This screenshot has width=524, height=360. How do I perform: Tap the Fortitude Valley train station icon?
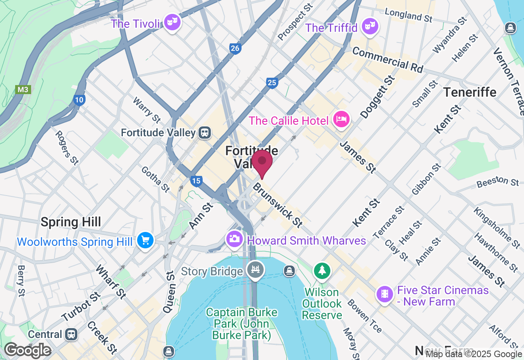205,132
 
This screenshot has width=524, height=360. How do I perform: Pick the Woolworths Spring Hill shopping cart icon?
145,240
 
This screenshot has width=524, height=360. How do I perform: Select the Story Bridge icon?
256,270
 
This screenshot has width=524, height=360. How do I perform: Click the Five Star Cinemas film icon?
384,294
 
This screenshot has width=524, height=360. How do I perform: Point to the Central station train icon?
71,334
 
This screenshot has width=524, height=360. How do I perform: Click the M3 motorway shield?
23,89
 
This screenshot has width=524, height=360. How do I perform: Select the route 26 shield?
235,49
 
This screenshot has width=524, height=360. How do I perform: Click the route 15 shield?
196,181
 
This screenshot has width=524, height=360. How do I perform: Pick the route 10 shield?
79,99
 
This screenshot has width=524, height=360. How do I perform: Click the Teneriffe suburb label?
470,92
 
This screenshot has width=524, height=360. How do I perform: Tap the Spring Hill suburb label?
71,222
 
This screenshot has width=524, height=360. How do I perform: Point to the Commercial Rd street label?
387,60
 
